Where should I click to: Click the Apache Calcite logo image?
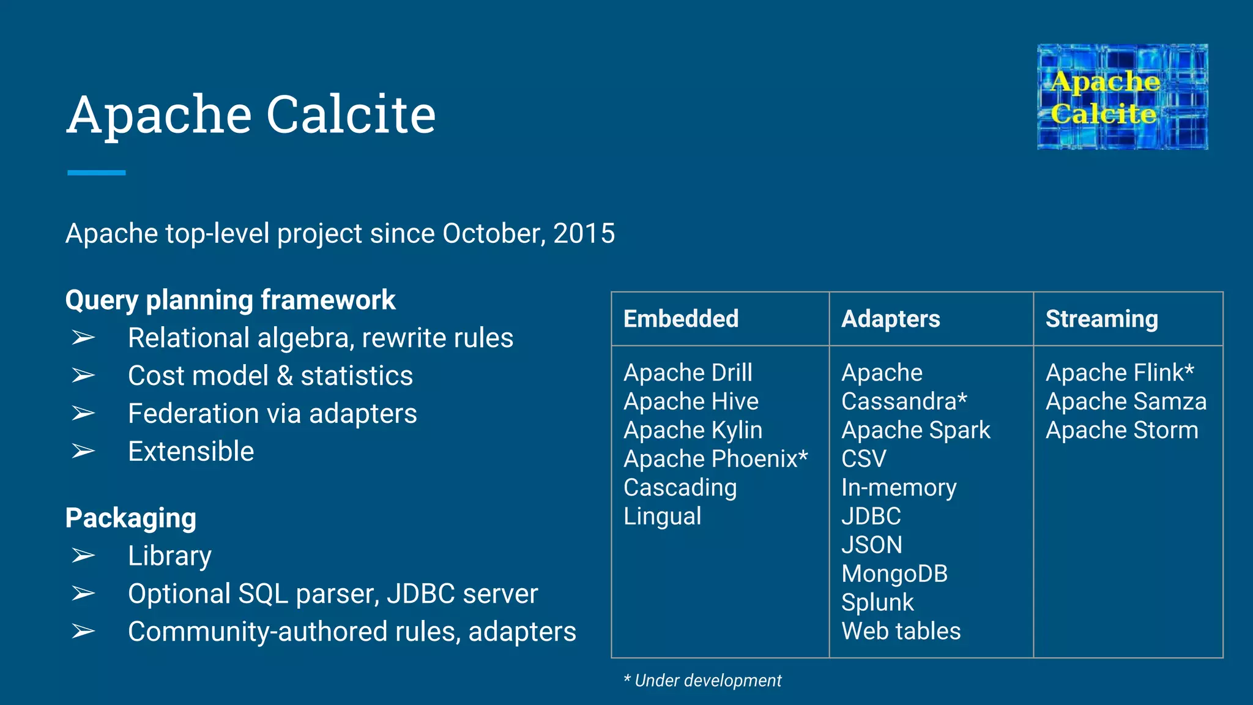(x=1122, y=97)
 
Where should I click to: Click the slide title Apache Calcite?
(x=251, y=114)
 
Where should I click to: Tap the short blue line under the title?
(x=96, y=173)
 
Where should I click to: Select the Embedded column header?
(x=681, y=319)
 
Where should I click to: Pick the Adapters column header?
(x=890, y=319)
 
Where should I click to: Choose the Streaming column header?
(x=1101, y=319)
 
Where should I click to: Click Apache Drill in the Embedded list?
(x=688, y=373)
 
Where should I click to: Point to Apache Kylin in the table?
(x=693, y=430)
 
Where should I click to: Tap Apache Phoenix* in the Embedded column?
(x=715, y=459)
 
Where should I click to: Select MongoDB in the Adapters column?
(x=894, y=574)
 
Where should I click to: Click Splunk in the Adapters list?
(x=877, y=603)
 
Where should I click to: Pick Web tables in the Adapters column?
(x=901, y=631)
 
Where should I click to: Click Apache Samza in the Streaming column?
(x=1126, y=401)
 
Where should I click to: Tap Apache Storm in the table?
(x=1121, y=430)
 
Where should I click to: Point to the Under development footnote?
(x=702, y=681)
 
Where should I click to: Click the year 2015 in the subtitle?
(x=584, y=233)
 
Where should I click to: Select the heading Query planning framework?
(x=230, y=300)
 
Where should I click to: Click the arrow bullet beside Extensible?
(x=83, y=452)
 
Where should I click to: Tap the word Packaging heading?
(x=131, y=518)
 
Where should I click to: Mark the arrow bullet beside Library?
(x=83, y=556)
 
